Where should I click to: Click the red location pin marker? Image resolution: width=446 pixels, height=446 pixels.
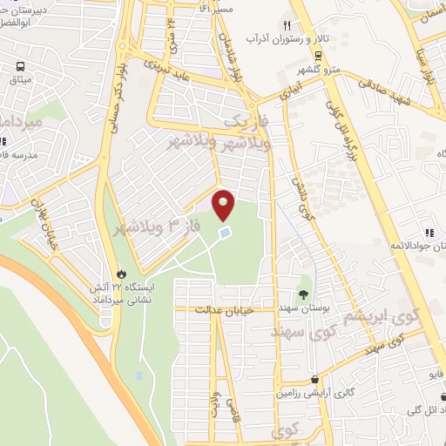[224, 204]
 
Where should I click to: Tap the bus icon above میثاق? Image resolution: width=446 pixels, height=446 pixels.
[21, 66]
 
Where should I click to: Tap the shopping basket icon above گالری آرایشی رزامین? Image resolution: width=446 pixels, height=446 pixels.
[314, 379]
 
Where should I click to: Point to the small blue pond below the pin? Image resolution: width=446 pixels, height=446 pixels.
[225, 233]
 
